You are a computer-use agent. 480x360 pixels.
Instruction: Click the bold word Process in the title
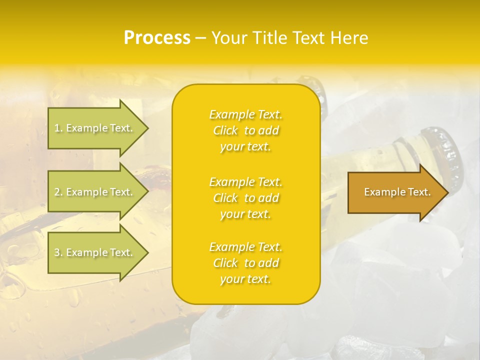point(157,38)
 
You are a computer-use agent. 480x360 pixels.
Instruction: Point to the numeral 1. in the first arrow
point(58,128)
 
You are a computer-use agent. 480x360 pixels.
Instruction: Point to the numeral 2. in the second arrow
point(58,192)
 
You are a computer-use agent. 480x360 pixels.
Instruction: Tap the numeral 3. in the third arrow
point(58,252)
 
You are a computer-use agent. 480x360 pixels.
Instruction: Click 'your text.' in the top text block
point(245,147)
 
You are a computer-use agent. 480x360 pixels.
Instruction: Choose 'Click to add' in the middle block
point(245,198)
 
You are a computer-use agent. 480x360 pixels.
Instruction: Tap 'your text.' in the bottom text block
point(245,279)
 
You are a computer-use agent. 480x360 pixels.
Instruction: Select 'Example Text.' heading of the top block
point(245,114)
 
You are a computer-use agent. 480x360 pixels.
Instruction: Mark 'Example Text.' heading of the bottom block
point(245,247)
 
